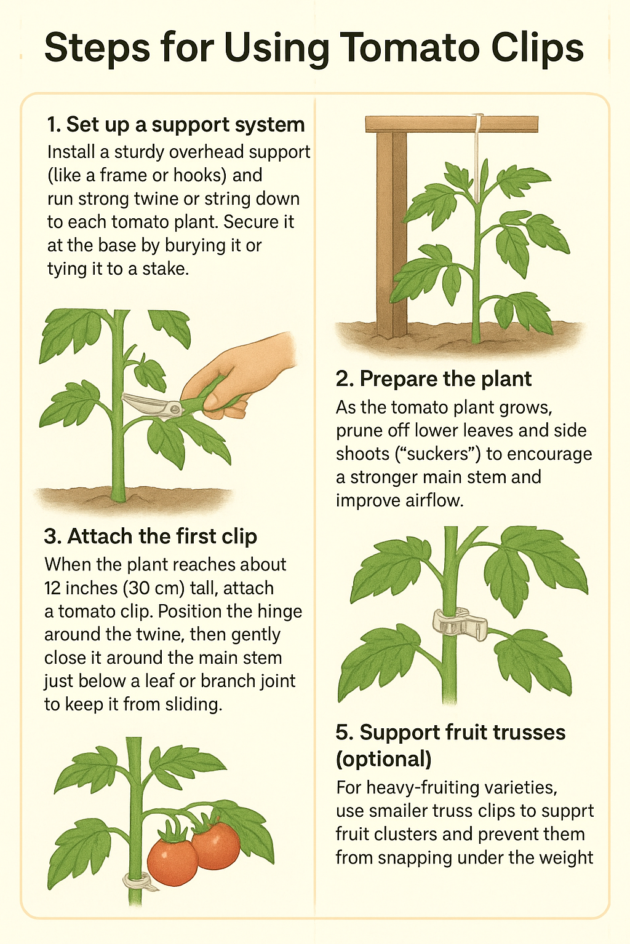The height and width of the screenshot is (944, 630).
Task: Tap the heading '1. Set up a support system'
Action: pos(176,125)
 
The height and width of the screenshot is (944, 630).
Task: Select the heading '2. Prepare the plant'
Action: pos(433,379)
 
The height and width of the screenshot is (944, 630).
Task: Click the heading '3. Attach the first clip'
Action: pos(151,536)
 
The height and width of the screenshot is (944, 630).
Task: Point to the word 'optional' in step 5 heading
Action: pos(383,760)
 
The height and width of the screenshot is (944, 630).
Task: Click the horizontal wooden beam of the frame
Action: pos(452,124)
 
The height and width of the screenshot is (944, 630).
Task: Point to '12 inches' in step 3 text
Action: pos(81,588)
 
